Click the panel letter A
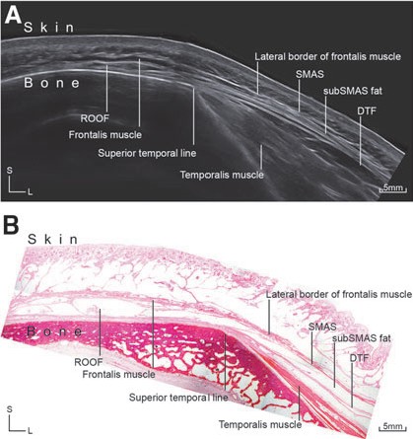(x=13, y=16)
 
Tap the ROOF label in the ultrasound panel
(x=95, y=118)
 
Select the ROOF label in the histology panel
(x=89, y=362)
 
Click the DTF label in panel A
(x=367, y=111)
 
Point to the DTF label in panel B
(x=359, y=358)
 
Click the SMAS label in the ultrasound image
(x=310, y=74)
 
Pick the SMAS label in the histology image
(x=322, y=327)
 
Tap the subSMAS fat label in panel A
(x=353, y=91)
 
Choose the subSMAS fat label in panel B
(x=362, y=338)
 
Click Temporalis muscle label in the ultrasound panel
(x=222, y=175)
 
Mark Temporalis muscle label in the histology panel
(x=260, y=424)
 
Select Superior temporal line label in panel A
(x=147, y=153)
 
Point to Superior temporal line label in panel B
(x=178, y=398)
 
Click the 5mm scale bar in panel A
(x=393, y=188)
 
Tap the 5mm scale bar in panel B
(x=393, y=427)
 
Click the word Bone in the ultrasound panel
(x=51, y=83)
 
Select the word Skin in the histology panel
(x=53, y=240)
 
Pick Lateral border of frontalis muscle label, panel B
(x=339, y=294)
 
